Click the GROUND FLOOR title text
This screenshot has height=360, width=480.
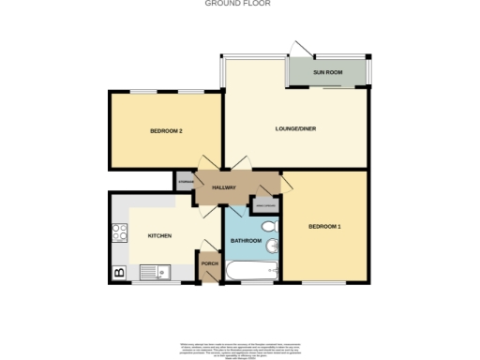pyautogui.click(x=239, y=4)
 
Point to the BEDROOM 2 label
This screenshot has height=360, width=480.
pyautogui.click(x=166, y=130)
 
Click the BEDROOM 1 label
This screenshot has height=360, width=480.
pyautogui.click(x=325, y=226)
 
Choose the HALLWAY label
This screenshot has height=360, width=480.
pyautogui.click(x=222, y=187)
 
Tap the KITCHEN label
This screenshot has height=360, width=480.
pyautogui.click(x=158, y=235)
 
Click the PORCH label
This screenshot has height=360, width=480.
pyautogui.click(x=208, y=263)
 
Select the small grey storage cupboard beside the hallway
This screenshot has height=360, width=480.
pyautogui.click(x=185, y=183)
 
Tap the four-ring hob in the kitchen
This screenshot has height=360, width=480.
pyautogui.click(x=120, y=232)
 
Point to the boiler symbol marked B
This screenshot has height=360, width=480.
pyautogui.click(x=119, y=272)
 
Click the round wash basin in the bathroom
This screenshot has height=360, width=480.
pyautogui.click(x=273, y=247)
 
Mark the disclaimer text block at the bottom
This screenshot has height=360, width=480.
pyautogui.click(x=239, y=346)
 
